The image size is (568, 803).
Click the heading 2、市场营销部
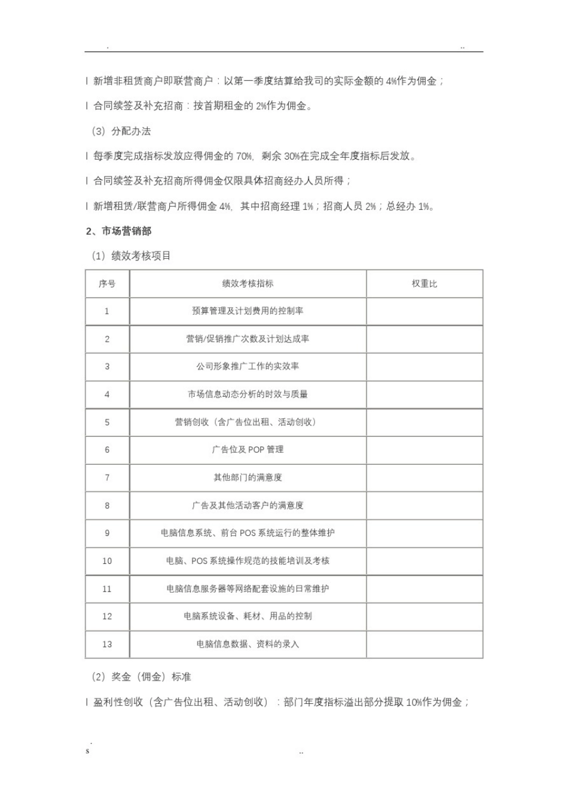point(118,231)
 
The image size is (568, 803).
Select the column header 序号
point(107,284)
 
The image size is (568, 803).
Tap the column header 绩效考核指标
point(248,284)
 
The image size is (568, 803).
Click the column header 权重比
point(424,284)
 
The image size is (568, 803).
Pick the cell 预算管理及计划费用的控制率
point(248,311)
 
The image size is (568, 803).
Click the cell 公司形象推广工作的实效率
point(248,366)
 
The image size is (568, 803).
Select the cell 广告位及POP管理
point(248,449)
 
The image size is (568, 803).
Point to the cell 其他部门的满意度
point(248,477)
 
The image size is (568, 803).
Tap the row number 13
point(107,644)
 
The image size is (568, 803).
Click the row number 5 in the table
point(107,422)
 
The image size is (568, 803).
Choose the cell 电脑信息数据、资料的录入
point(248,644)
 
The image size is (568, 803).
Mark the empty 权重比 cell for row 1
point(424,311)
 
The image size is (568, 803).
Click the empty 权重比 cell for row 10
point(424,560)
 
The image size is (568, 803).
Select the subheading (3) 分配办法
point(121,131)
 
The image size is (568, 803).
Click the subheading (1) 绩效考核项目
point(131,256)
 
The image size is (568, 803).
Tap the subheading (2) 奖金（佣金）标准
point(141,677)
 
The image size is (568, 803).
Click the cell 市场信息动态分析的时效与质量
point(248,394)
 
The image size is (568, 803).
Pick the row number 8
point(107,505)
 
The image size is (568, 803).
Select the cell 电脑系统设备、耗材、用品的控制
point(248,616)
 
